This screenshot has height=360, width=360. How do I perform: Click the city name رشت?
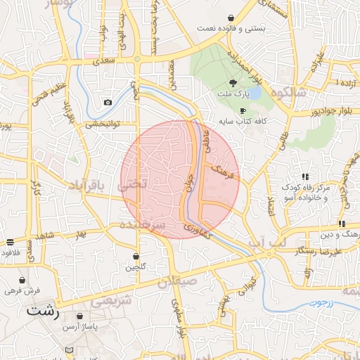click(44, 309)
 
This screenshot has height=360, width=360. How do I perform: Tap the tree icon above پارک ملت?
click(233, 82)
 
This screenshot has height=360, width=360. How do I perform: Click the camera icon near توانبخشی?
click(108, 103)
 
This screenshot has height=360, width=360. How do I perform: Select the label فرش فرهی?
click(20, 290)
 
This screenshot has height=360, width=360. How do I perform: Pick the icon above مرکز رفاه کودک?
click(304, 176)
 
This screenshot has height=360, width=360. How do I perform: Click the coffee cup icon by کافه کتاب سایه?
click(243, 111)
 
